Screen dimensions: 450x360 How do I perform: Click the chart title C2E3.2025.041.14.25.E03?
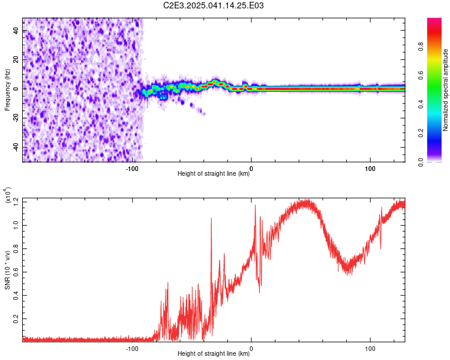click(213, 5)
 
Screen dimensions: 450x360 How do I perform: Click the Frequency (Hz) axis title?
click(7, 90)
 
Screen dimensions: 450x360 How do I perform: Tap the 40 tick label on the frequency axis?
click(16, 31)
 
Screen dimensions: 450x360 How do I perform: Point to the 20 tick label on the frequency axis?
click(16, 60)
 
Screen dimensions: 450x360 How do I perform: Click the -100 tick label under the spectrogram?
click(132, 169)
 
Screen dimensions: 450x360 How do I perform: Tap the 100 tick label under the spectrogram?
click(370, 169)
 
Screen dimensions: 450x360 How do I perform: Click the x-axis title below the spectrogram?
click(214, 173)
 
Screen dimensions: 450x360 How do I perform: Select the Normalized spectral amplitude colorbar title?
click(445, 90)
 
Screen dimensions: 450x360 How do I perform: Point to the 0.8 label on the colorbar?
click(421, 47)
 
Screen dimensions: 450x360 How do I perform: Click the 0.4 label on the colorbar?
click(421, 104)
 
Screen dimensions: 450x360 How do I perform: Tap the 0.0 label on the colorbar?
click(421, 162)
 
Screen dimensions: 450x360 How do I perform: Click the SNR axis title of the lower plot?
click(7, 270)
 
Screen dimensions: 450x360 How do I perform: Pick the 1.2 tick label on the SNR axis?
click(16, 202)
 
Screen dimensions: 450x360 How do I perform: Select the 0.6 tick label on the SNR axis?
click(16, 272)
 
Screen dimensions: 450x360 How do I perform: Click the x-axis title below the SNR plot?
click(214, 353)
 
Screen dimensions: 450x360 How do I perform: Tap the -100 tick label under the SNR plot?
click(132, 349)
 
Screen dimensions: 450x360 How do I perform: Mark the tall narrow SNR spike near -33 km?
click(212, 259)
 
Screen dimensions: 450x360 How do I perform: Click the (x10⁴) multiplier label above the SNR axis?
click(7, 195)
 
